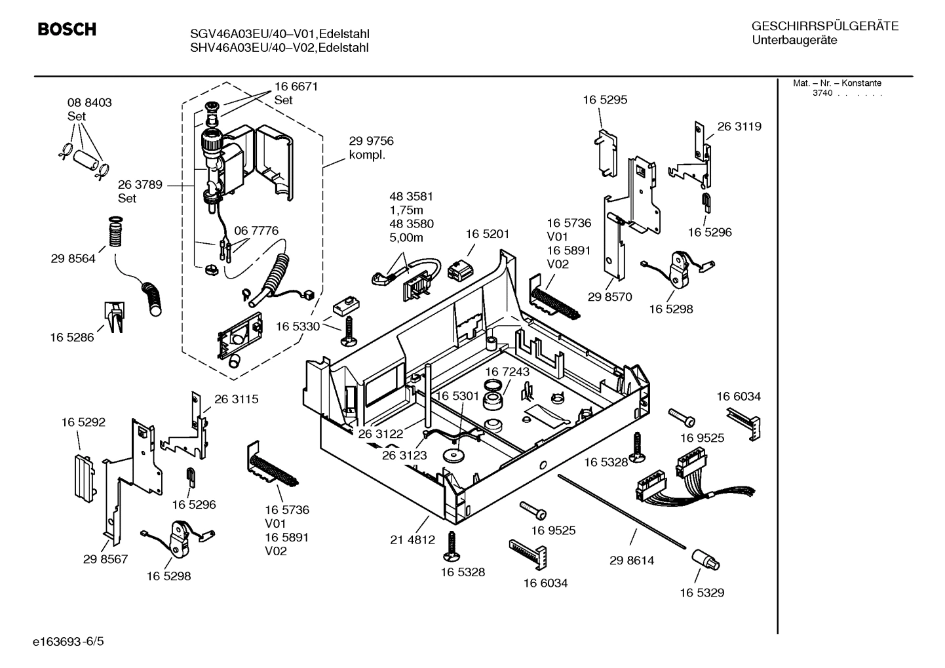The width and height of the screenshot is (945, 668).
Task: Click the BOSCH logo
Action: (x=67, y=29)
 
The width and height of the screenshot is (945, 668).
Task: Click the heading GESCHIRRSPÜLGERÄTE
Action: (x=824, y=26)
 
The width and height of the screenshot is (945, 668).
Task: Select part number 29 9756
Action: (x=371, y=141)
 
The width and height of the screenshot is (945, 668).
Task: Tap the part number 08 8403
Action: (x=89, y=102)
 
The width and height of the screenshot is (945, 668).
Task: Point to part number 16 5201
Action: (x=487, y=234)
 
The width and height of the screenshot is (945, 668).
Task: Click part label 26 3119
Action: (x=739, y=127)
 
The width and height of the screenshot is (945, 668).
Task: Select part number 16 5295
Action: (x=605, y=100)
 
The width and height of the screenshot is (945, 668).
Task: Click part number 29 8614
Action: (x=631, y=560)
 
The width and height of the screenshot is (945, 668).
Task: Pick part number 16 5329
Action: (x=701, y=593)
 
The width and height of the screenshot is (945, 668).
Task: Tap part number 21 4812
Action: (x=412, y=540)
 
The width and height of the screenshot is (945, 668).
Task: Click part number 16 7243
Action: (x=507, y=372)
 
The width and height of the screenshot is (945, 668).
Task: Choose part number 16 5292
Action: (x=83, y=422)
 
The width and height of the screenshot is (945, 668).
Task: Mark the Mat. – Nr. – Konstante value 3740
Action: (x=822, y=93)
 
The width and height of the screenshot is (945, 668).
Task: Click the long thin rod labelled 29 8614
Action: (x=623, y=511)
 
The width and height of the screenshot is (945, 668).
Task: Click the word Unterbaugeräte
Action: (x=794, y=41)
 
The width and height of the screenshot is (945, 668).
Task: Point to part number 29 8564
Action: (x=73, y=258)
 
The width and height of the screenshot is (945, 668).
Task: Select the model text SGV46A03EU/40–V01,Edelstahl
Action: (x=276, y=34)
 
